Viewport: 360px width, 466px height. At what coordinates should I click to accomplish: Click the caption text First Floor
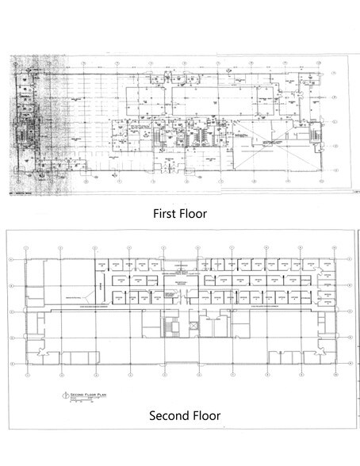pos(179,212)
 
